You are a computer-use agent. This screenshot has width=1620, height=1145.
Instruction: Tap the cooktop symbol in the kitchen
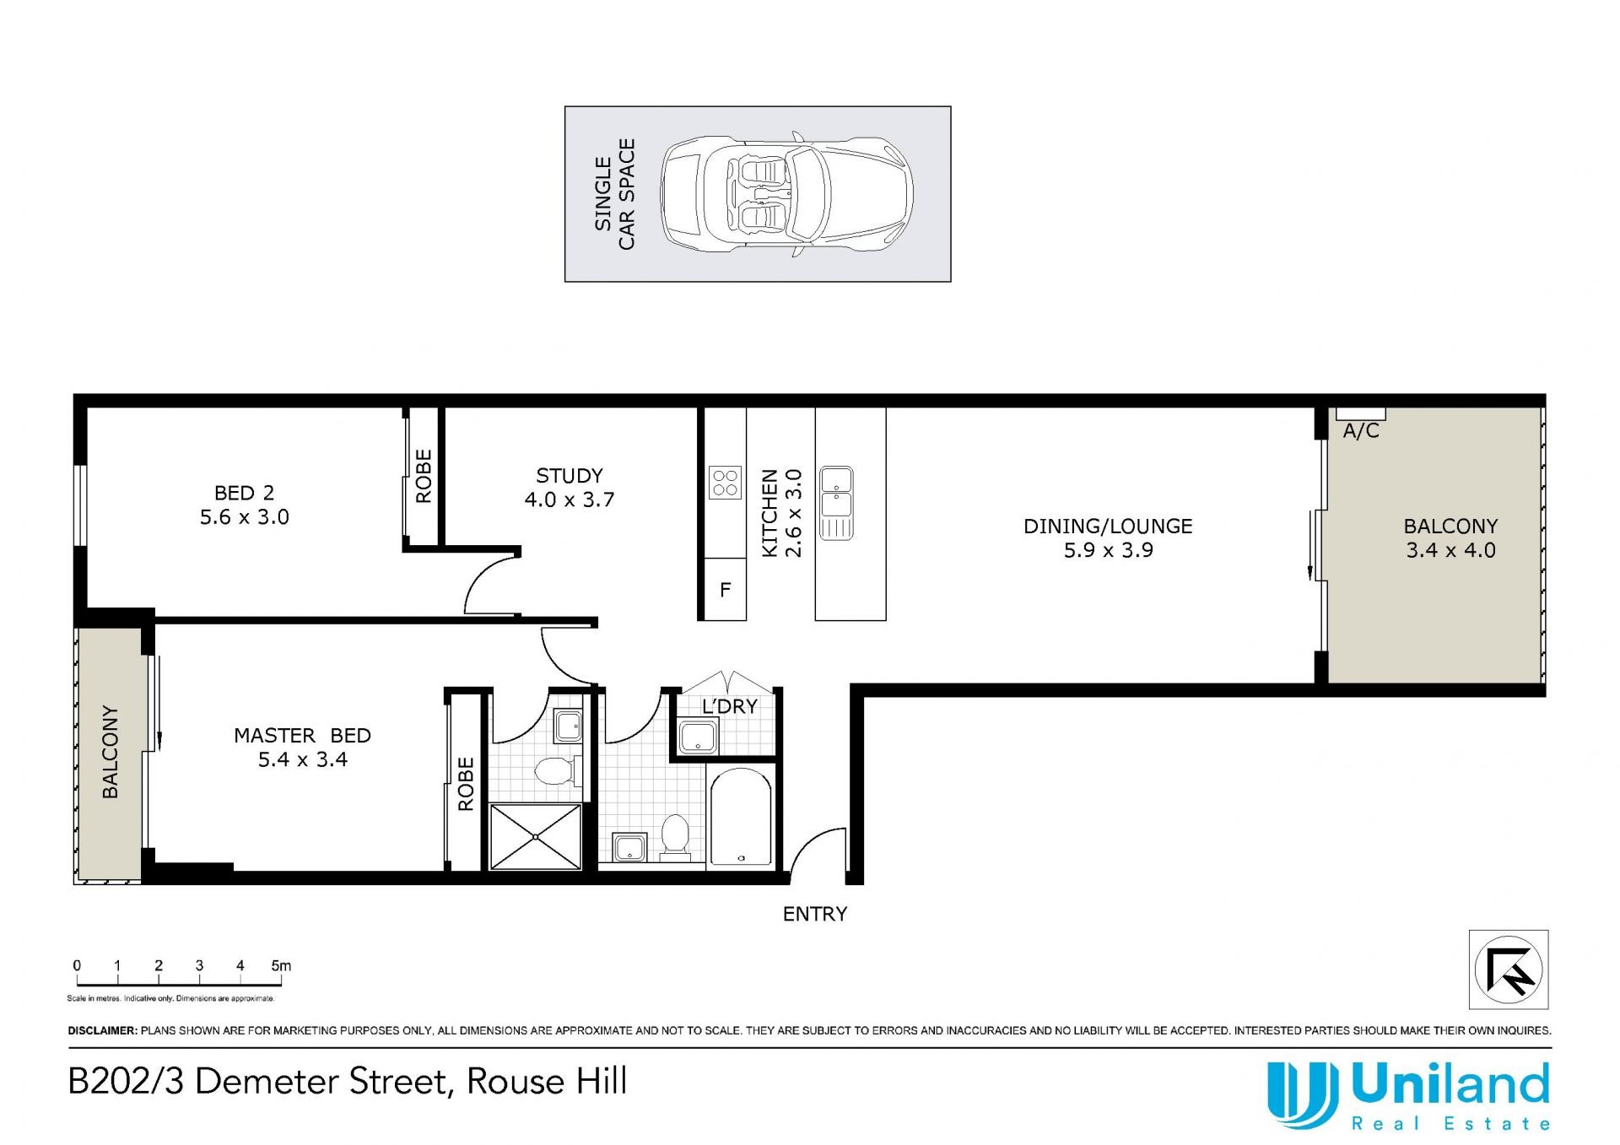point(726,483)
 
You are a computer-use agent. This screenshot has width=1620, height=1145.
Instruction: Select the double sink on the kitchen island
point(836,503)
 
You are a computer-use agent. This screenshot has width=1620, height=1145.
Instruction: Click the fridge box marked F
point(725,589)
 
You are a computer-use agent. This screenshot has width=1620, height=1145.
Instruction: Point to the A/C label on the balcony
point(1361,431)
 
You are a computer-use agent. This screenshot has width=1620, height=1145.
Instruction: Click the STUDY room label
point(570,476)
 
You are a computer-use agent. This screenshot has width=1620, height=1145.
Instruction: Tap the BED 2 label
point(244,493)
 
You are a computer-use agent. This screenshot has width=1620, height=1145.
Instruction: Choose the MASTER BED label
point(302,736)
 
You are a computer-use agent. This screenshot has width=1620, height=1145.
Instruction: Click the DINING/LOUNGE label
point(1108,527)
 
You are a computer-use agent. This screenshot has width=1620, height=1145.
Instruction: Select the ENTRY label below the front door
point(815,914)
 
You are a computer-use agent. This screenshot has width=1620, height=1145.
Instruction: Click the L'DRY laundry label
point(730,706)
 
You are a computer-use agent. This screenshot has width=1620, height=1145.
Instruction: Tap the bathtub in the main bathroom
point(741,818)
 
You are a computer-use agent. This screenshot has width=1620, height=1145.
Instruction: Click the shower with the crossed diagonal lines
point(536,837)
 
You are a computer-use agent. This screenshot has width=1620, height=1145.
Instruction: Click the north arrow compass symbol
point(1509,969)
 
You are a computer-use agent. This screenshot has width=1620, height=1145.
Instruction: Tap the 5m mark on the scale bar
point(282,966)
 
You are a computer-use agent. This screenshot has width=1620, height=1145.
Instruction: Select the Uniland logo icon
point(1302,1094)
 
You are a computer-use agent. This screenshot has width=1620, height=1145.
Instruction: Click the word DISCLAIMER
point(102,1030)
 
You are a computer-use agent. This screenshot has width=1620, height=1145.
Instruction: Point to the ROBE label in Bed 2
point(424,477)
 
